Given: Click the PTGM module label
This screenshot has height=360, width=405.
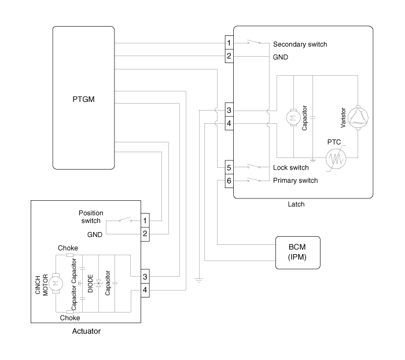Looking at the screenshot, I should [84, 100].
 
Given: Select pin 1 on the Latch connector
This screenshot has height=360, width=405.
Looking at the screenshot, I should [229, 44].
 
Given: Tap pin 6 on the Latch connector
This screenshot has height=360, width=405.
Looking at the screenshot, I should [229, 181].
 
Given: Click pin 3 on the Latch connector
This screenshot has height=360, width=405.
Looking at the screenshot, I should [229, 111].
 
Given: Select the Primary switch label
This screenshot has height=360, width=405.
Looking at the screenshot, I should [295, 181].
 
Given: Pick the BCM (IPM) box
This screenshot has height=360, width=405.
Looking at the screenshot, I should [298, 252].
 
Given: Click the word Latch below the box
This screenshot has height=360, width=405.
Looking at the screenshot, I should [296, 204].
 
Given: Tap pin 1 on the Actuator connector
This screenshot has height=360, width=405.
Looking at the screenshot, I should [145, 221].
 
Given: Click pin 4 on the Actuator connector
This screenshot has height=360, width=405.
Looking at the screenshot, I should [145, 290].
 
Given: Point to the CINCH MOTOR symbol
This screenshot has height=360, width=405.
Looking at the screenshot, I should [56, 283].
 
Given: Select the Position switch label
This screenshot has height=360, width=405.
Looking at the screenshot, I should [91, 216].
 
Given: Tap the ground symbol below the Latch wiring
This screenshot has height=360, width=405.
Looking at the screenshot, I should [198, 280].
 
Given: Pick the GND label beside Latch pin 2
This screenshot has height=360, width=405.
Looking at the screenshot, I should [281, 57].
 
